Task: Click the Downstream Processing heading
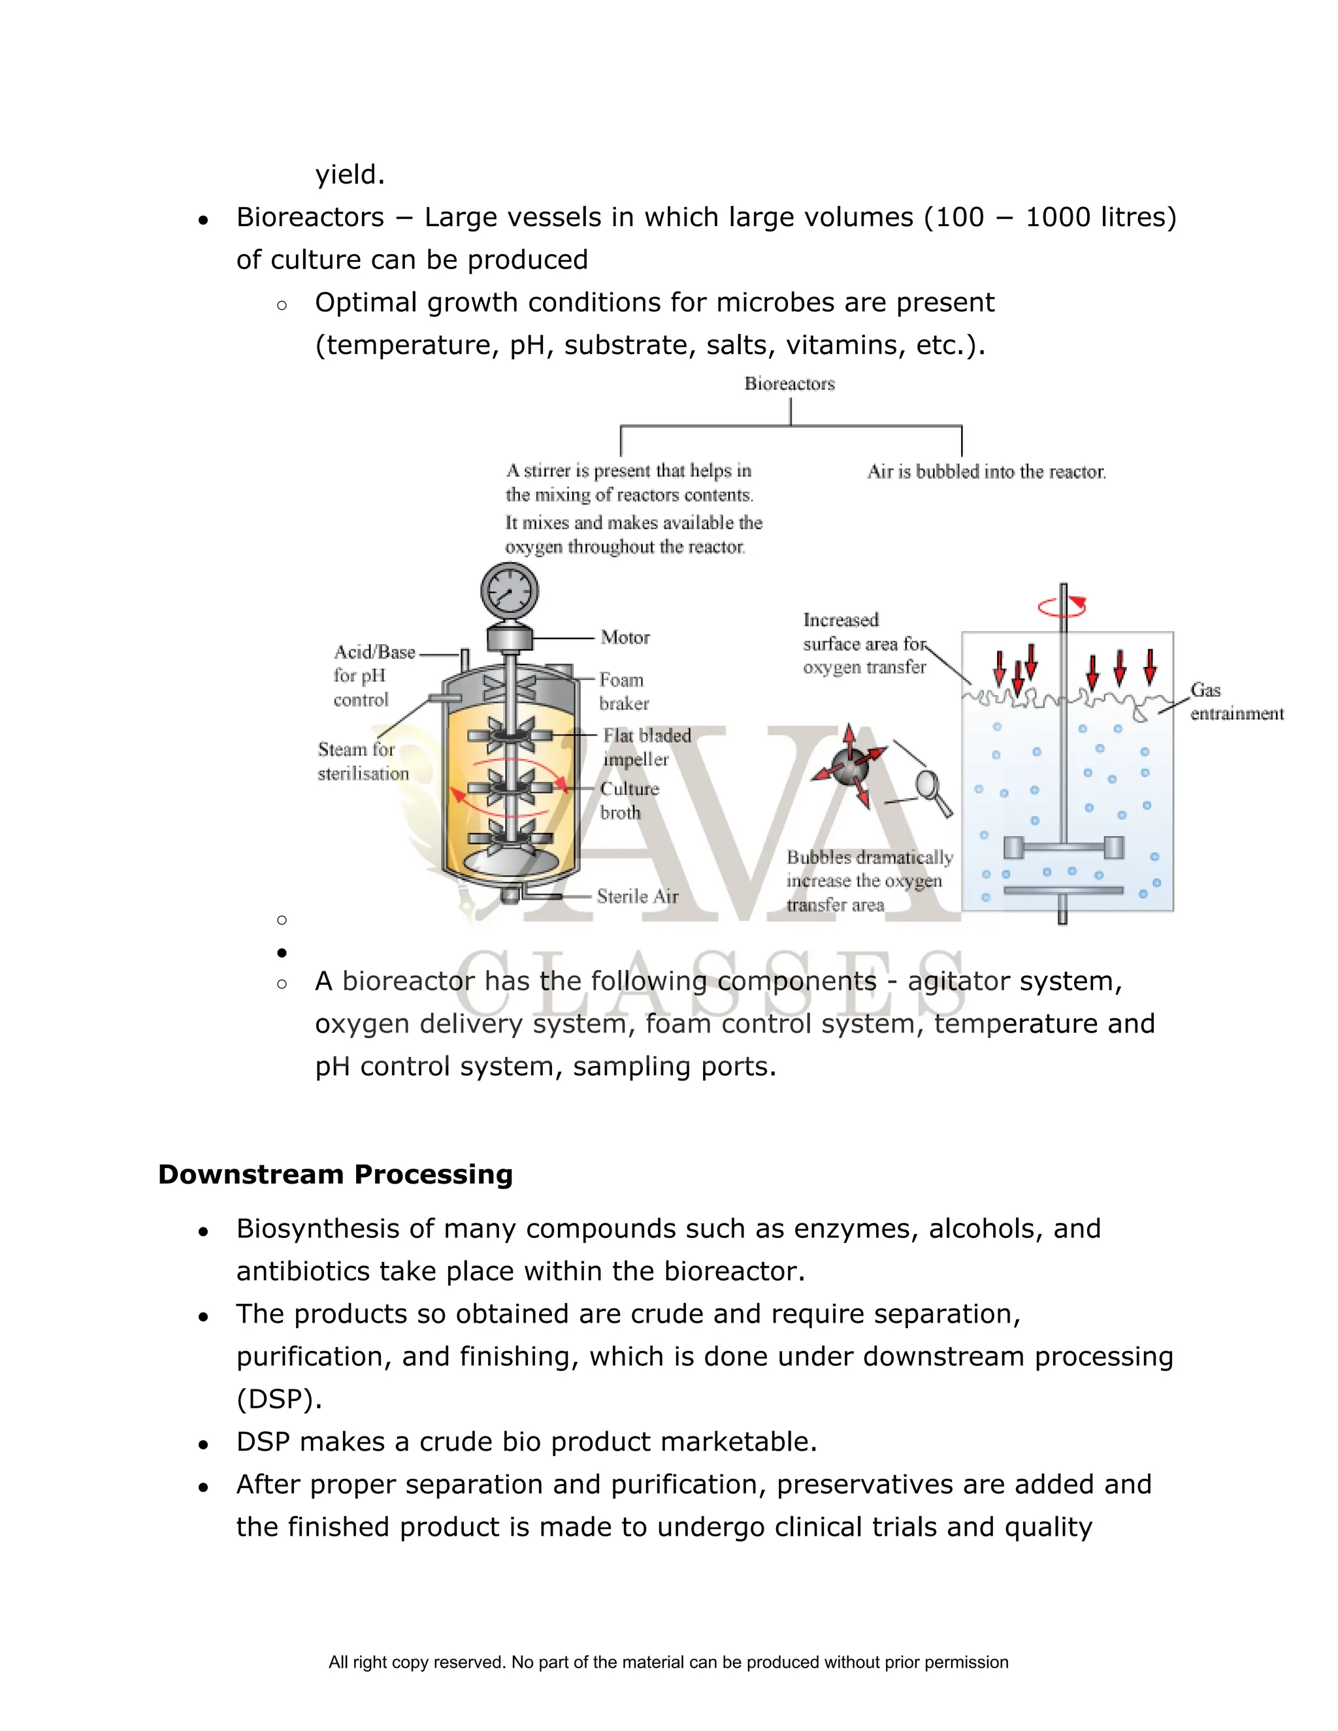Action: coord(335,1174)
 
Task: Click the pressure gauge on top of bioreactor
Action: coord(510,591)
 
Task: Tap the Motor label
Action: coord(625,638)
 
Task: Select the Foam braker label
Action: coord(623,691)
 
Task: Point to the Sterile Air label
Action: coord(637,896)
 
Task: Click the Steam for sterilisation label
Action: coord(363,761)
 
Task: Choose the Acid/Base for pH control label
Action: coord(372,675)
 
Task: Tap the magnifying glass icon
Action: coord(934,792)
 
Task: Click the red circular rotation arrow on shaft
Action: coord(1062,607)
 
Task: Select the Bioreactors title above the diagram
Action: coord(789,383)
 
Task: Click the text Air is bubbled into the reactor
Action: coord(986,472)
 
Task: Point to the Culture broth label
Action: coord(628,801)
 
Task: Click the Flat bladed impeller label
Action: coord(645,747)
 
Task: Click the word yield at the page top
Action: coord(350,174)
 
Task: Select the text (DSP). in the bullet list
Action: coord(279,1399)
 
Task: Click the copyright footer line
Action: coord(668,1662)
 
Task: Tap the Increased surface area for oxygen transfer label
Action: coord(863,643)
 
